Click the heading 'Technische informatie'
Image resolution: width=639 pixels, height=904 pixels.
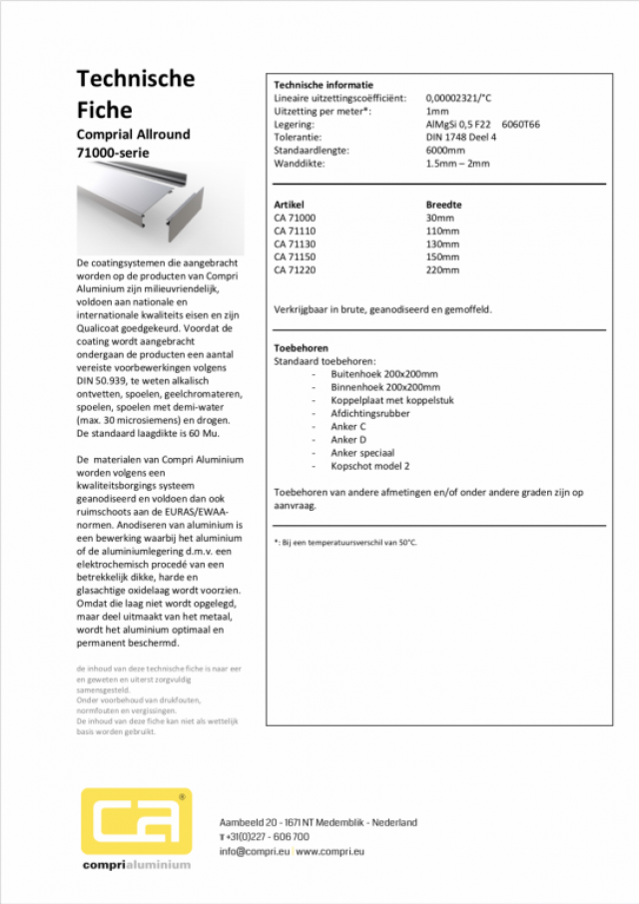coord(322,85)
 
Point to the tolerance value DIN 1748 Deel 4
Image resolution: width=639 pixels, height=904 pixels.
coord(460,137)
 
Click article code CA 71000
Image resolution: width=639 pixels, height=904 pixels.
coord(295,218)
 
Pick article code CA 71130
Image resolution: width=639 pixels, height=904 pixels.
coord(295,243)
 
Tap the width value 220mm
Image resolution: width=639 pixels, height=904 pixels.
coord(442,269)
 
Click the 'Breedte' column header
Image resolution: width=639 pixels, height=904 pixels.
coord(443,204)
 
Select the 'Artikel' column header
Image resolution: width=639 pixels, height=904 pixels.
coord(289,204)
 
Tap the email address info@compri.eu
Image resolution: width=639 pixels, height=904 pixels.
coord(255,851)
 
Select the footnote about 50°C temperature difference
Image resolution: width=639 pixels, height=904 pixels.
coord(345,542)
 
